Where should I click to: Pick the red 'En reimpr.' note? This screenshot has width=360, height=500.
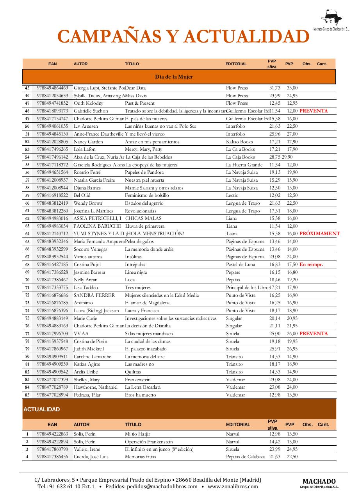311,264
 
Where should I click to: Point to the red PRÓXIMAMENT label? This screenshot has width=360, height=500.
319,234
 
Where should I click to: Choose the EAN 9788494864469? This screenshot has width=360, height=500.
52,88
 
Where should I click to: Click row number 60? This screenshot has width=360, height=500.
27,203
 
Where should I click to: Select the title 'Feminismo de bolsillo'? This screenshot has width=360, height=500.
147,195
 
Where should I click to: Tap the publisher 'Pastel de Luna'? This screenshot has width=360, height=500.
240,264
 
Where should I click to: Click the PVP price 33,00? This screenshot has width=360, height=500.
292,88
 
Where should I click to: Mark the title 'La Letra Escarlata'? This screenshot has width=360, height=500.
143,387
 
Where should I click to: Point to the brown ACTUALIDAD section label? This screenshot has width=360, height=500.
42,409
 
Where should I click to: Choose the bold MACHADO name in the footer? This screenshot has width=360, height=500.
319,481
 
